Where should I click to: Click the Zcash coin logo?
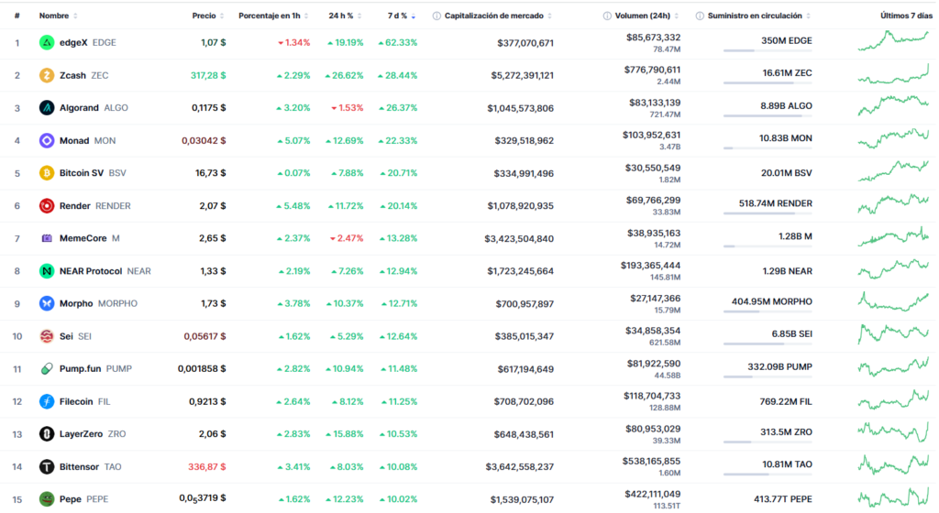[x=47, y=75]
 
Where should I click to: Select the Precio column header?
[x=204, y=16]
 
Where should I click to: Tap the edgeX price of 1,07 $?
[x=214, y=42]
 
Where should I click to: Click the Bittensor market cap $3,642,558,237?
[x=519, y=466]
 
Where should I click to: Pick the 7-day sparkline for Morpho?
[x=893, y=301]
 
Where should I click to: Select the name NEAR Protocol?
[x=91, y=271]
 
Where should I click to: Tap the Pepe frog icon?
[x=47, y=499]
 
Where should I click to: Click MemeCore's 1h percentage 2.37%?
[x=293, y=238]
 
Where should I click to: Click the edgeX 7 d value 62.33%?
[x=397, y=42]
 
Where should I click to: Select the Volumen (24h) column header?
[x=646, y=16]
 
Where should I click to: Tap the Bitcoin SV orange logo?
[x=47, y=173]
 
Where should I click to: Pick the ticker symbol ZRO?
[x=116, y=434]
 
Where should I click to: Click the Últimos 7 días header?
[x=905, y=16]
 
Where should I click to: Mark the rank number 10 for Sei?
[x=17, y=336]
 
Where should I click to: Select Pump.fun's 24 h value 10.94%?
[x=345, y=368]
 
